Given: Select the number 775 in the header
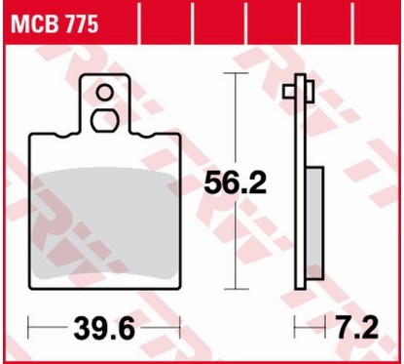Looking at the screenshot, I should click(x=79, y=26).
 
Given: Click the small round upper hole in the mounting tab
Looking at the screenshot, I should click(x=102, y=93).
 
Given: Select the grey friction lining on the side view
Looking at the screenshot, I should click(x=314, y=224).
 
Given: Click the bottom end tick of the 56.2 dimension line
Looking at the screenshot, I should click(x=236, y=289).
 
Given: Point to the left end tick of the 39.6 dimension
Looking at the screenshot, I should click(x=30, y=324).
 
